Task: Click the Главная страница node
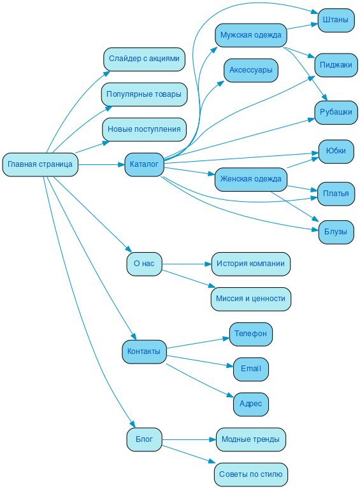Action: [40, 164]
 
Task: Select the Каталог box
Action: [144, 164]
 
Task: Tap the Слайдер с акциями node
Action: [144, 59]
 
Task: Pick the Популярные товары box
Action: [144, 94]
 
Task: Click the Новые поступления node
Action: [144, 129]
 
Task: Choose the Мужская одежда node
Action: [250, 35]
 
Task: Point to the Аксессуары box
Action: [250, 70]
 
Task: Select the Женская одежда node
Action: [250, 179]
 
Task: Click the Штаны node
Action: [336, 20]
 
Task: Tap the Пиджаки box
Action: [336, 64]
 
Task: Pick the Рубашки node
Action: [336, 112]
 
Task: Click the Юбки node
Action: [336, 151]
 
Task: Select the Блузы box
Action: [336, 232]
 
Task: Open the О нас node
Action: [144, 264]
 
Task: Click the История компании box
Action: [250, 264]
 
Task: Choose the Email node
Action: [250, 369]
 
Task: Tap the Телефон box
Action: [250, 334]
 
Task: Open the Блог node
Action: [144, 439]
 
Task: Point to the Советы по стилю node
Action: [250, 474]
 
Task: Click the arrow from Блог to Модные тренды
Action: [188, 439]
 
